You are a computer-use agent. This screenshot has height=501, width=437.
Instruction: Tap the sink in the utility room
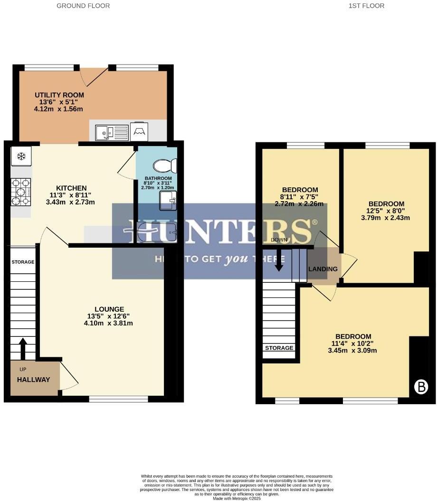tap(112, 132)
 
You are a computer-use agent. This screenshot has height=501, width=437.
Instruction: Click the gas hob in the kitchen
tap(21, 192)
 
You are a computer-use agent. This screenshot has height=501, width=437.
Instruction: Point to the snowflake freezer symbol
tap(21, 156)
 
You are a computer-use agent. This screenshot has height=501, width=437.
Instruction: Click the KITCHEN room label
tap(71, 188)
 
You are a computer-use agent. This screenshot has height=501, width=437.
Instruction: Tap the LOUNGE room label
tap(109, 309)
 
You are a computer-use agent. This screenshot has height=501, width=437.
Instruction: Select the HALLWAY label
tap(33, 380)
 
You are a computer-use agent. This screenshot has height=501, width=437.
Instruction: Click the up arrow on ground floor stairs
tap(23, 349)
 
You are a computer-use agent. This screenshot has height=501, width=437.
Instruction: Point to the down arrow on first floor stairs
tap(279, 261)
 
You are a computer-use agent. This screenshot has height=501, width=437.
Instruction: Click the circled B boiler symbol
tap(420, 387)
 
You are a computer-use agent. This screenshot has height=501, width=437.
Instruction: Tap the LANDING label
tap(323, 269)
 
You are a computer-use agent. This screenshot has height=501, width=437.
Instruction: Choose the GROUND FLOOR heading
tap(83, 6)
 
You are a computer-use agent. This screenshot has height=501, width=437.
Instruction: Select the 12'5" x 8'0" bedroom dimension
tap(385, 211)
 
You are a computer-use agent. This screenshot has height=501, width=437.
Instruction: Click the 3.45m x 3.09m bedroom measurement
tap(352, 351)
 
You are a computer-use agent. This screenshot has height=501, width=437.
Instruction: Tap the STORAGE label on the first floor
tap(279, 348)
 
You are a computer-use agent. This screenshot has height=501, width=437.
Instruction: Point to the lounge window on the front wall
tap(118, 399)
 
